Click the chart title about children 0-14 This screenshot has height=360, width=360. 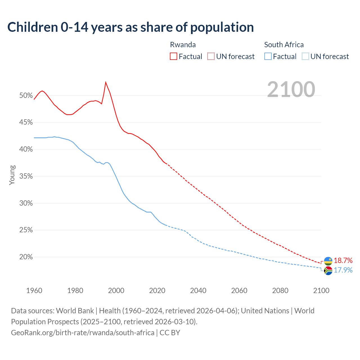(x=130, y=27)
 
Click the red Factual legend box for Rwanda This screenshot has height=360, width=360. (x=174, y=57)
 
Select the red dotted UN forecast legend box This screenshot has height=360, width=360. (x=211, y=57)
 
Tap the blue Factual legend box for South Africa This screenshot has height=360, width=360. (x=268, y=57)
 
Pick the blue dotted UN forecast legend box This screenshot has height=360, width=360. (x=305, y=57)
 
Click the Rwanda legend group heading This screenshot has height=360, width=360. (x=183, y=45)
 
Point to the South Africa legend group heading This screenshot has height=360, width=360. (x=284, y=45)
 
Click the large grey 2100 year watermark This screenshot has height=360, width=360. (x=291, y=89)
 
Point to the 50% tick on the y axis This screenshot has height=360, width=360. (x=26, y=96)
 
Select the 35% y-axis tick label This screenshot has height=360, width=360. (x=26, y=176)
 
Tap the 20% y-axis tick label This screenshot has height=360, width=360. (x=26, y=257)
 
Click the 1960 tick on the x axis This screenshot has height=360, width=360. (x=34, y=291)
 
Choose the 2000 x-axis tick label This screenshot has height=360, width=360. (x=116, y=291)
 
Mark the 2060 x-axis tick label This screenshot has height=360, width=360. (x=239, y=291)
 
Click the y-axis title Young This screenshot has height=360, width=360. (x=12, y=175)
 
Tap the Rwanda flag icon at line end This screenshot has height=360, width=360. (x=328, y=261)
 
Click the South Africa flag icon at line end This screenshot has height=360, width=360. (x=328, y=271)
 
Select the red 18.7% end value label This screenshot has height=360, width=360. (x=343, y=261)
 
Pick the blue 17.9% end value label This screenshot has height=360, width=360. (x=343, y=270)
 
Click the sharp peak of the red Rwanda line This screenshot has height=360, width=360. (x=105, y=82)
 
